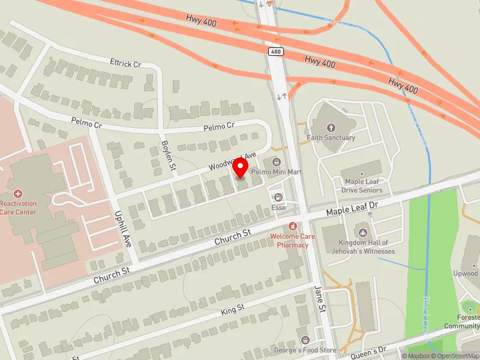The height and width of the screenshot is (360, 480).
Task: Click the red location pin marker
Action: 241,167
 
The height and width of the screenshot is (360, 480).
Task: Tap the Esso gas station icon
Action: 278,197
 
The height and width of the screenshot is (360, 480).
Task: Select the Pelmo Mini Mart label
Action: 280,172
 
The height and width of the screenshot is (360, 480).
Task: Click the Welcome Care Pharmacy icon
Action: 292,226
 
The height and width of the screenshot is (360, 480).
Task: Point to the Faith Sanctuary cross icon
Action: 331,127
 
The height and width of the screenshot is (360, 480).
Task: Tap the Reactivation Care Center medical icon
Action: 18,194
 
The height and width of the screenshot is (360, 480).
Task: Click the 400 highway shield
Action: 275,52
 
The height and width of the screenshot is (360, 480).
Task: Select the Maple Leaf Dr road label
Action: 352,209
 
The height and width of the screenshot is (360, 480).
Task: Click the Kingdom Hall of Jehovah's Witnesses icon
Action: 362,232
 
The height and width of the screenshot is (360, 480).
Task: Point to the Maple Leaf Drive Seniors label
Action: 362,186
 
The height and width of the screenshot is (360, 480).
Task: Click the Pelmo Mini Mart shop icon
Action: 276,162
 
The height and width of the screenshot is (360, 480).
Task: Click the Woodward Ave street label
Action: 232,160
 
